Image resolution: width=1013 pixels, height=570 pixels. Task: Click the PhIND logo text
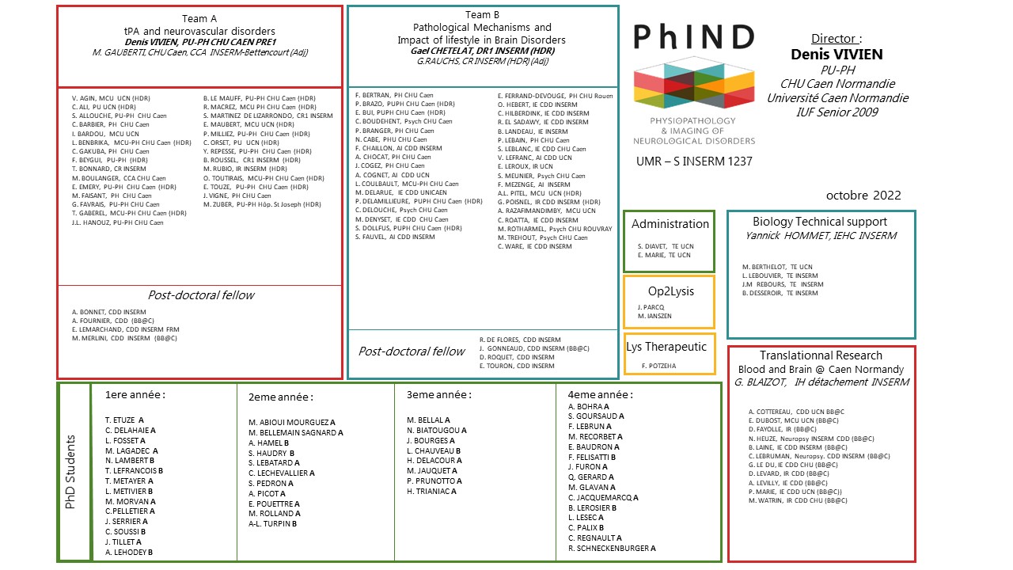(x=693, y=37)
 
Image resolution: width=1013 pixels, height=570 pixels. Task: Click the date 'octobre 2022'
(x=863, y=196)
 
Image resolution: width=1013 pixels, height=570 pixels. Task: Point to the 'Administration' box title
(x=670, y=224)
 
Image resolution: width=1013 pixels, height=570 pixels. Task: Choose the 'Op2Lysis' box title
(x=670, y=291)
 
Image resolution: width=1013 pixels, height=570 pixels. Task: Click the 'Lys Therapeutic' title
(x=669, y=346)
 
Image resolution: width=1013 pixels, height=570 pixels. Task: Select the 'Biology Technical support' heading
(x=820, y=222)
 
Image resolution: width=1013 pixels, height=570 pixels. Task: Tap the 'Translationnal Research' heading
(x=821, y=356)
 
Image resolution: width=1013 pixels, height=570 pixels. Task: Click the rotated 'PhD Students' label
(x=70, y=472)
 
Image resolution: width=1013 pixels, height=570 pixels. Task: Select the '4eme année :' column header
(x=600, y=394)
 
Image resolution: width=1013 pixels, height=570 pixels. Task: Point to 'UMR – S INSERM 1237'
(x=694, y=162)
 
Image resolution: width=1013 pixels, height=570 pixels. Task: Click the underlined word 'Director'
(x=834, y=38)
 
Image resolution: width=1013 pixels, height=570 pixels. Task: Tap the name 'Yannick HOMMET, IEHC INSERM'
(x=821, y=235)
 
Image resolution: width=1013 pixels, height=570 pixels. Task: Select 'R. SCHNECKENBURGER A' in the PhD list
(x=612, y=548)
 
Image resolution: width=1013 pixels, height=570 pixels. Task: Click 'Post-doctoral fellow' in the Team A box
(x=201, y=294)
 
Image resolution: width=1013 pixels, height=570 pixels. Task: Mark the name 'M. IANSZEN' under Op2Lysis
(x=655, y=316)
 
